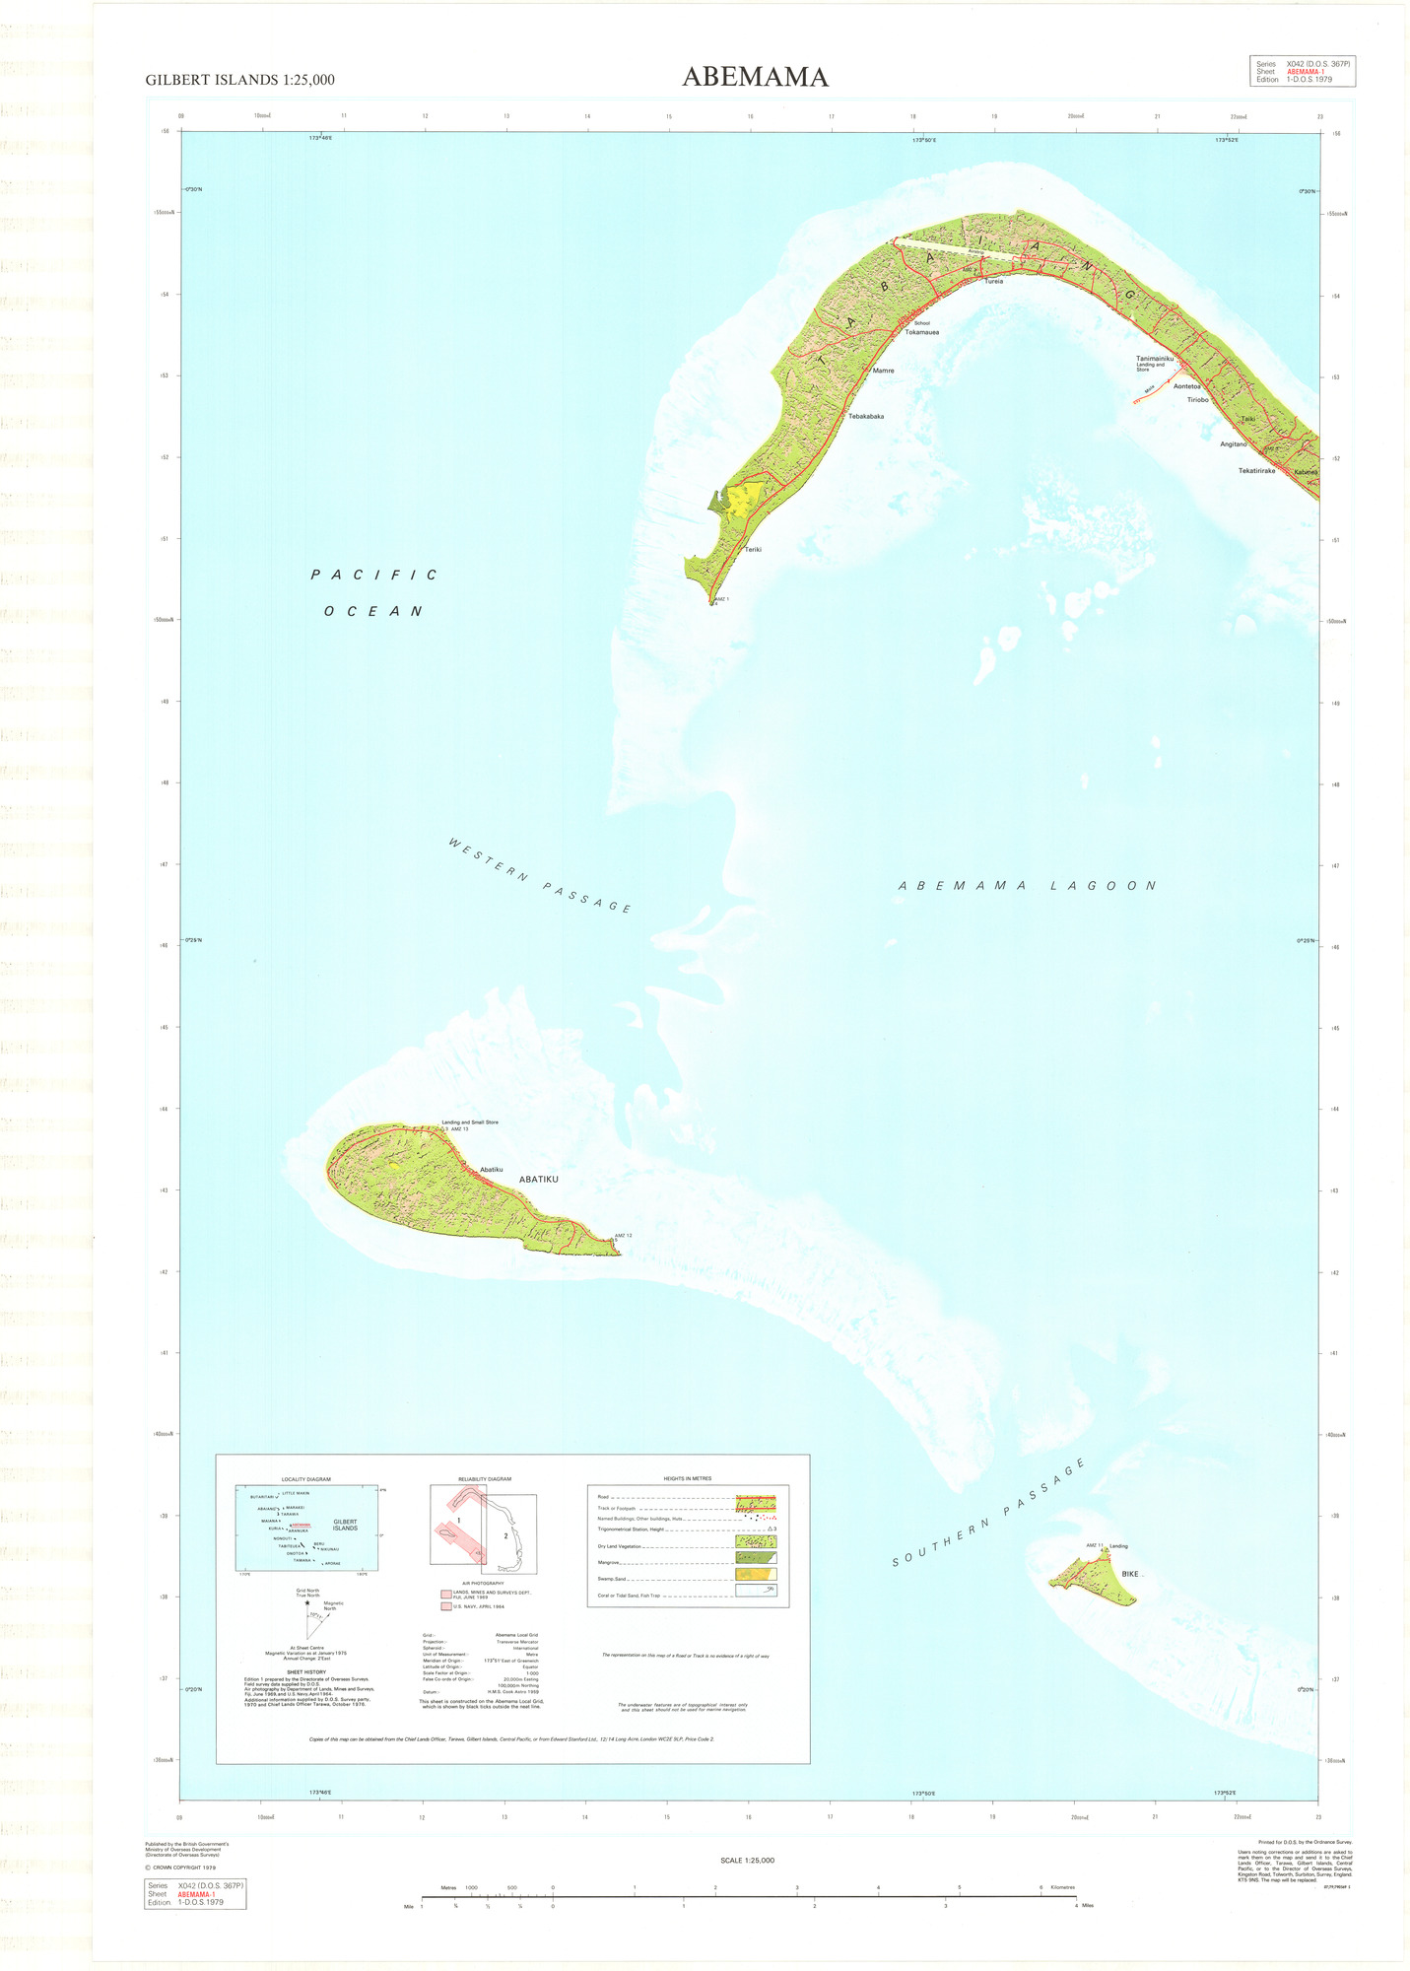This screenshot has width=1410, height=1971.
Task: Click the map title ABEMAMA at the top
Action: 755,77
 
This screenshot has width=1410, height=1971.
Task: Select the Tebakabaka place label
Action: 866,416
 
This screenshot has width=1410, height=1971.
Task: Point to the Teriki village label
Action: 753,549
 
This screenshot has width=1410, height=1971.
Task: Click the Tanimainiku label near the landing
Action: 1155,359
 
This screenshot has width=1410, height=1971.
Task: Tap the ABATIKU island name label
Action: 538,1179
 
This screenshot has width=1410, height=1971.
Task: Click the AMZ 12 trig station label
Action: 623,1235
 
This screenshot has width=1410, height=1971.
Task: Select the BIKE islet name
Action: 1129,1574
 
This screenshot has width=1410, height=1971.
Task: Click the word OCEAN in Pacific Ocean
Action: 373,611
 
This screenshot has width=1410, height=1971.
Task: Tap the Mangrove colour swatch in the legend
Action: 756,1558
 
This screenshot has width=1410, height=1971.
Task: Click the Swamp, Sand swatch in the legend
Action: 756,1575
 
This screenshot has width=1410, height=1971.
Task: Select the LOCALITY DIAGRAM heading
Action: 305,1479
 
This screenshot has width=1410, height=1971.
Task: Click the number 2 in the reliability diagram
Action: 505,1535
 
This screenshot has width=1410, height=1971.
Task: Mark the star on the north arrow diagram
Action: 307,1602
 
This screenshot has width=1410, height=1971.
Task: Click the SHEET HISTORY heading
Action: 306,1672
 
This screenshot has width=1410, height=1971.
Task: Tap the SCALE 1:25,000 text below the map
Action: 748,1861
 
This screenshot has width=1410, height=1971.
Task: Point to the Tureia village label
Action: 993,281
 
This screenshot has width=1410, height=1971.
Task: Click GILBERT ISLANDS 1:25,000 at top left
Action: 239,81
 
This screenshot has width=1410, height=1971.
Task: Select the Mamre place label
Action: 883,371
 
